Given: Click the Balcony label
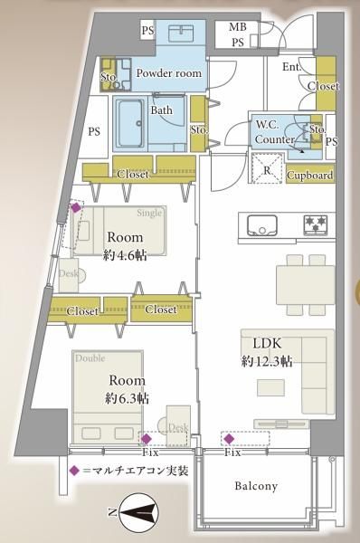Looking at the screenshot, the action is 256,486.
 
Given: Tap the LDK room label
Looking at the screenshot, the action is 267,343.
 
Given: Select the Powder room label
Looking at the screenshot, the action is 168,73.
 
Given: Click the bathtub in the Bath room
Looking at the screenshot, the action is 130,123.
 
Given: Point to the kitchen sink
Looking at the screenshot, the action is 261,224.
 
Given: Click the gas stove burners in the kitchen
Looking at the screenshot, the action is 316,224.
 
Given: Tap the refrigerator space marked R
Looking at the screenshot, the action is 268,168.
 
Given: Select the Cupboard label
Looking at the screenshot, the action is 310,176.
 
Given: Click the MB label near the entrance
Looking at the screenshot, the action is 238,26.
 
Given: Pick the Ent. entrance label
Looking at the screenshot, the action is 291,67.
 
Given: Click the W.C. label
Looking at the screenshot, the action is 267,125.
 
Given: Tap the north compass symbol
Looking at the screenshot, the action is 138,511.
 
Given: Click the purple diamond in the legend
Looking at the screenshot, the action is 74,471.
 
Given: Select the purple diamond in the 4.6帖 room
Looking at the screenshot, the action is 76,207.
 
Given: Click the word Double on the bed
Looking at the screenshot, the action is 90,358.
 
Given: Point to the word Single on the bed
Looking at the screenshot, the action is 149,213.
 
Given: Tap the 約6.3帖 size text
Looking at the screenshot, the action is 127,398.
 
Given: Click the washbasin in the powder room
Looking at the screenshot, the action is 183,33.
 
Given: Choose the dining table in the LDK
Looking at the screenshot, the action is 306,285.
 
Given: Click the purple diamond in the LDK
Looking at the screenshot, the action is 229,439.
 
